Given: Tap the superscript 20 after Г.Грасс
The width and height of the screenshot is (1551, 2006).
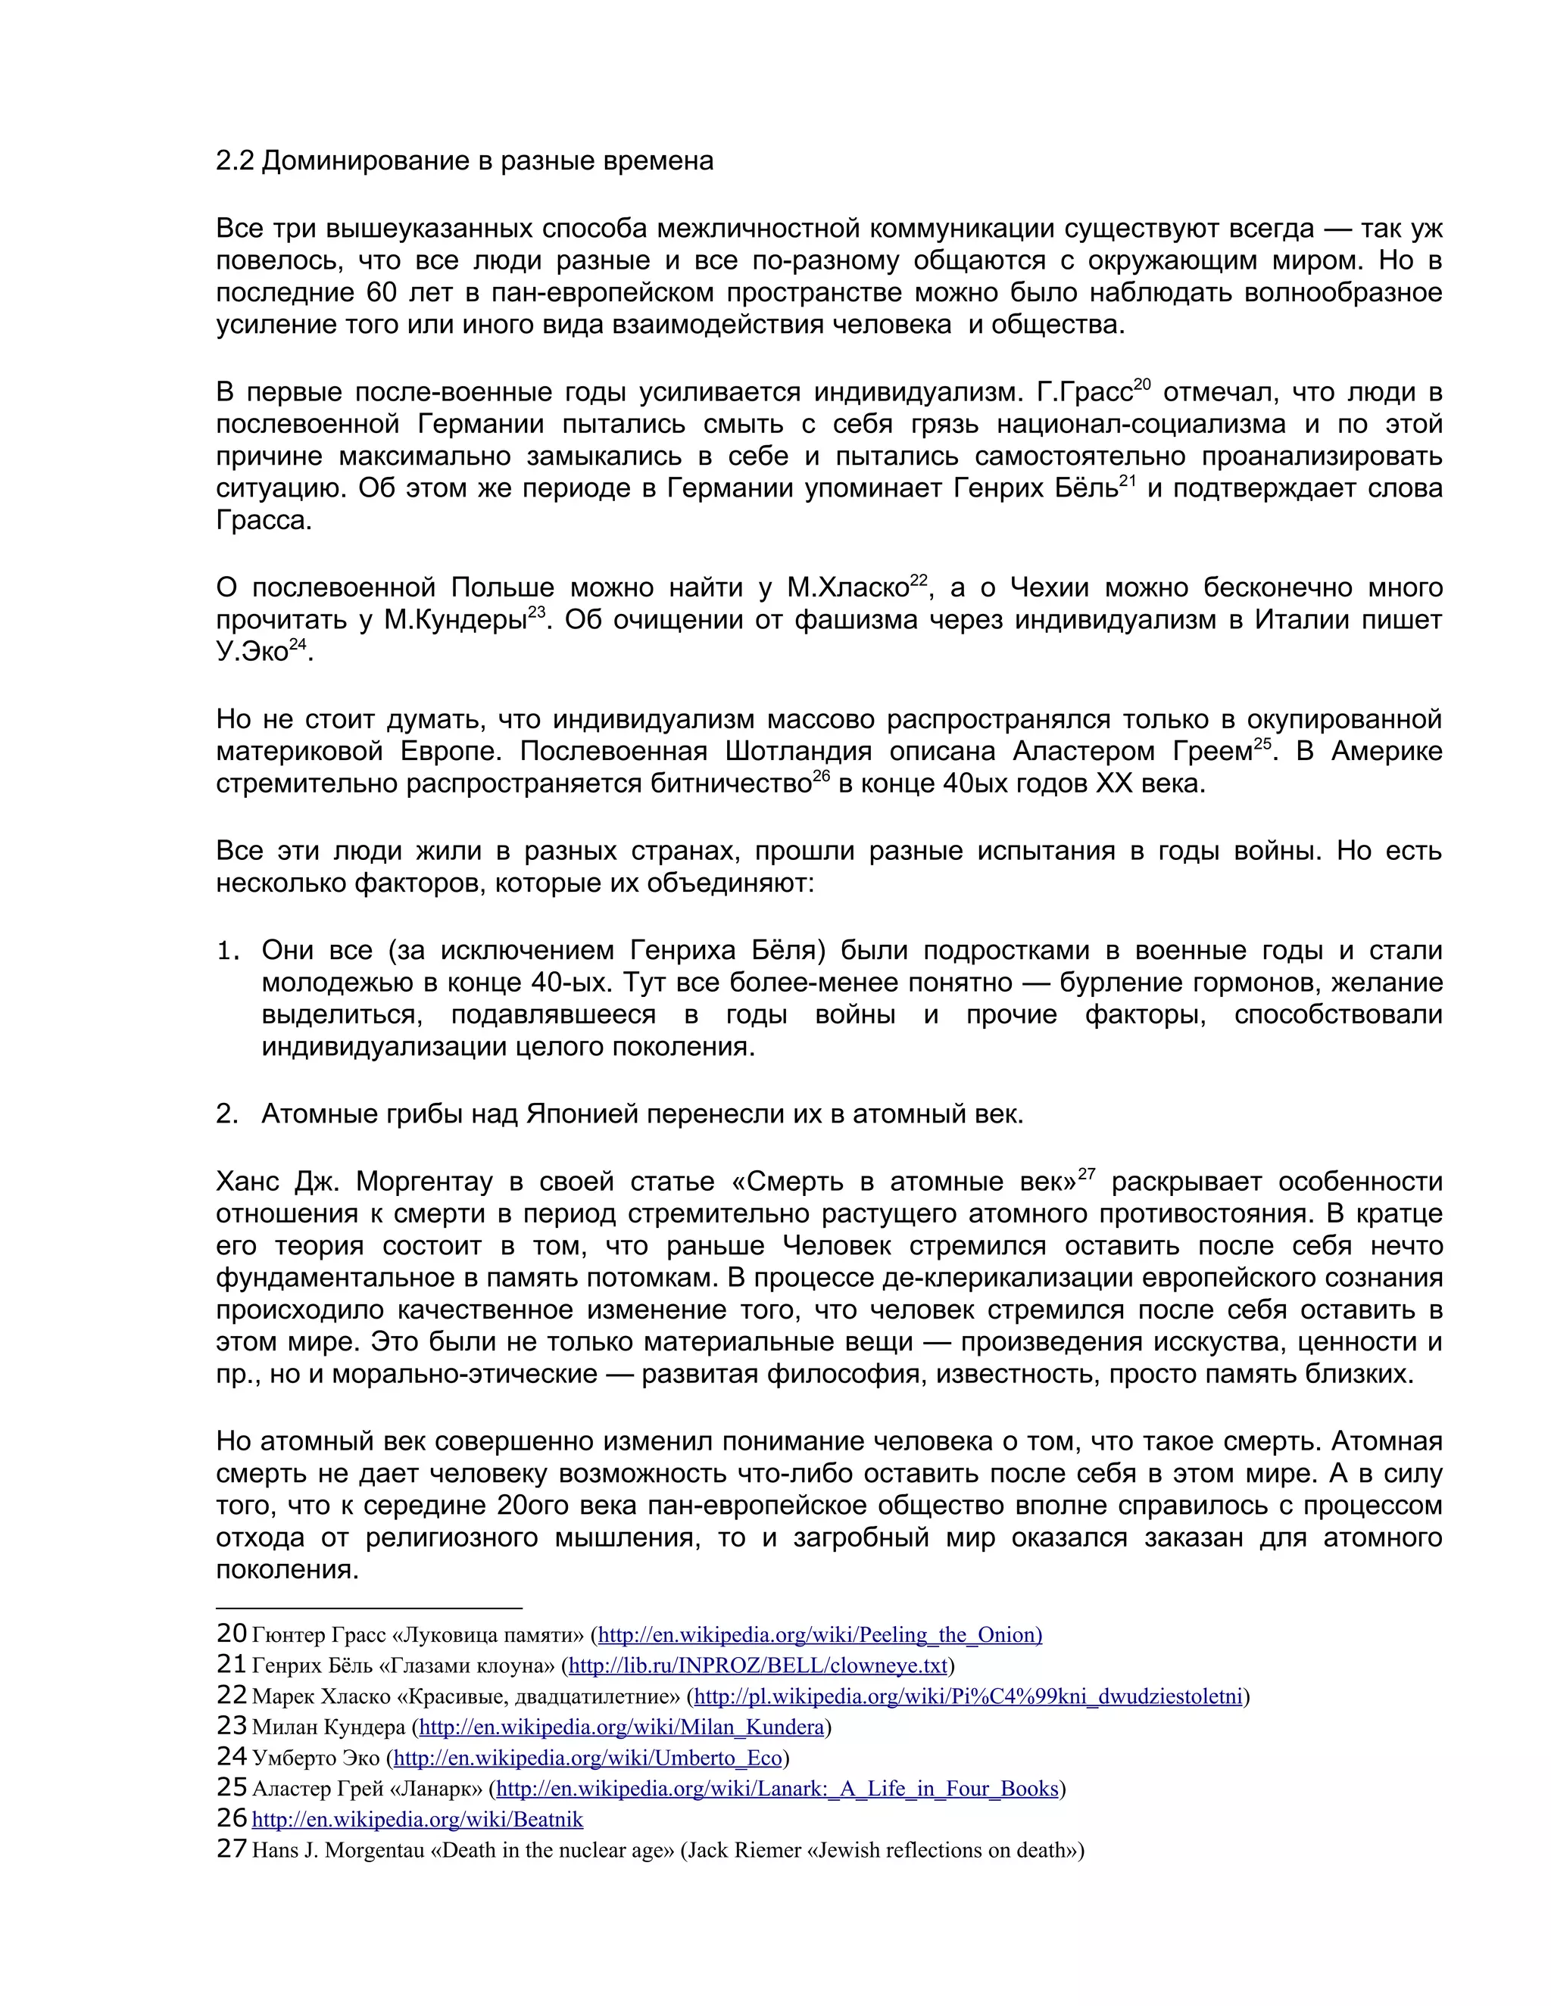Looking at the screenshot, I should pyautogui.click(x=1141, y=385).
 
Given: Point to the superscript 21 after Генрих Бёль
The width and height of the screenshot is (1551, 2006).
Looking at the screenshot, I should pyautogui.click(x=1128, y=481).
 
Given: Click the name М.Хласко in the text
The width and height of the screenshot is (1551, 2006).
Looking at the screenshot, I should pyautogui.click(x=847, y=588).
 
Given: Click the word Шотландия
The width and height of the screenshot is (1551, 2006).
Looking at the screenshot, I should pyautogui.click(x=797, y=752).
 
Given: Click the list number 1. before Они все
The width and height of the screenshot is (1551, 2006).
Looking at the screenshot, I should pyautogui.click(x=227, y=950).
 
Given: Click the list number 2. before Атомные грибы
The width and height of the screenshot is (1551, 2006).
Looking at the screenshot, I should pyautogui.click(x=227, y=1114).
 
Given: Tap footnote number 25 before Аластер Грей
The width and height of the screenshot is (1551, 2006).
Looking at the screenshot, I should pyautogui.click(x=232, y=1787).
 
